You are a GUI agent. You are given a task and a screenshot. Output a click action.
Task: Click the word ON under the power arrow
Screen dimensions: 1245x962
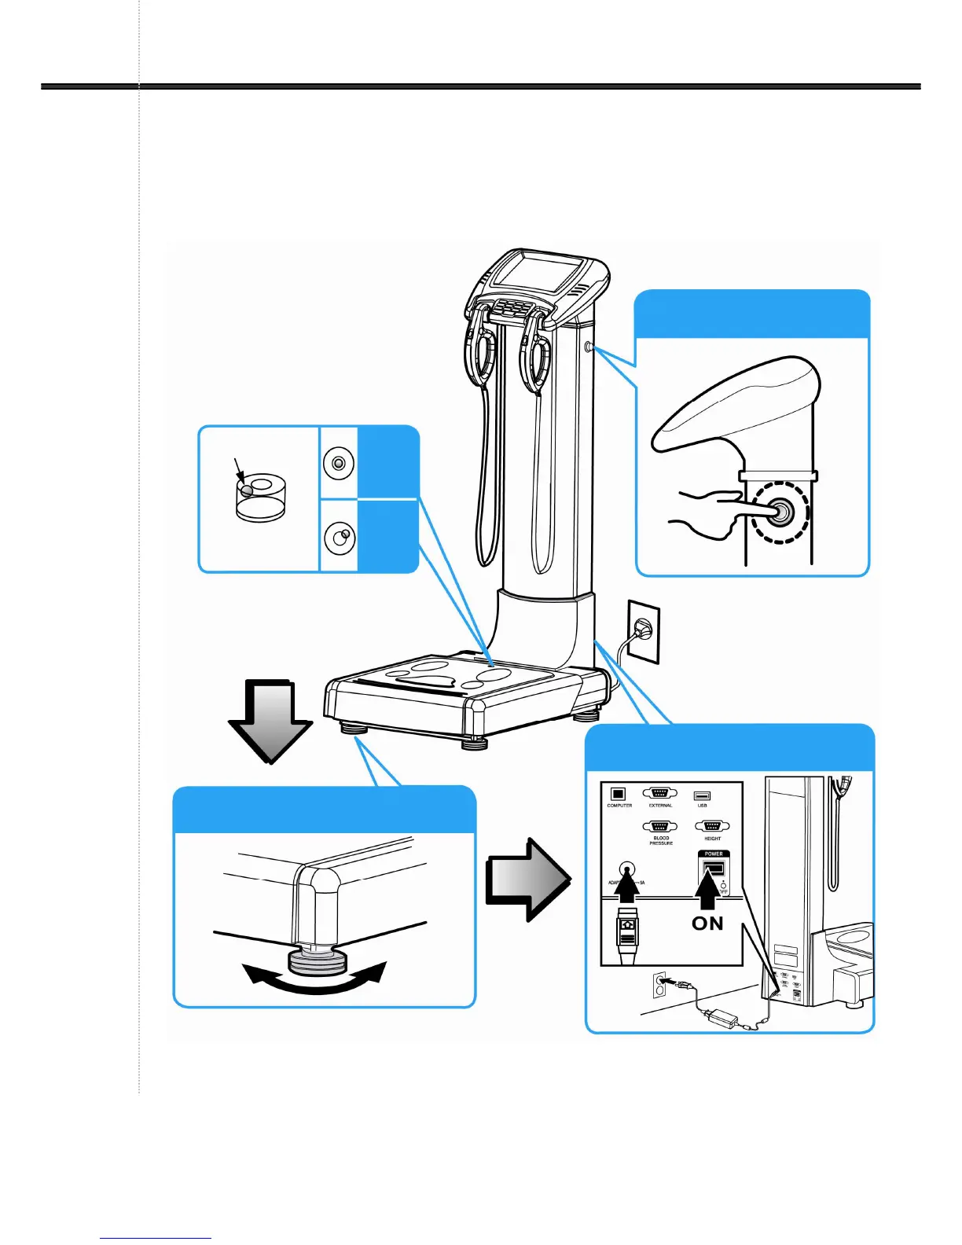click(x=707, y=924)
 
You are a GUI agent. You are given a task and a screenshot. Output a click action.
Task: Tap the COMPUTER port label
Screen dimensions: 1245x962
click(x=619, y=806)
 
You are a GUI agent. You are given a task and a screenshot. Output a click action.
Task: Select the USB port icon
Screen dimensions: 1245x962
click(x=702, y=795)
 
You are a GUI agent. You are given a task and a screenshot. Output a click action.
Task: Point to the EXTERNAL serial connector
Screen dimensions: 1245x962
click(x=660, y=794)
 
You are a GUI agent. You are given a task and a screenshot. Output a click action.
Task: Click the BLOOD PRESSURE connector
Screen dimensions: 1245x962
click(x=660, y=826)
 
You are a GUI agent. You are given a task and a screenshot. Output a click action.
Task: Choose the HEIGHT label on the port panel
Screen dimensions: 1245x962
click(x=712, y=839)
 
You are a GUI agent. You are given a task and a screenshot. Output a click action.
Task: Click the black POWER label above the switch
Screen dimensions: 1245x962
click(x=713, y=854)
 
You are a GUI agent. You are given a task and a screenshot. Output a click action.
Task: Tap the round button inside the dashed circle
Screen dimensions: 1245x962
click(x=780, y=512)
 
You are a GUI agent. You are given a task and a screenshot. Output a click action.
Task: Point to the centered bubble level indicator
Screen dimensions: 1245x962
click(x=338, y=464)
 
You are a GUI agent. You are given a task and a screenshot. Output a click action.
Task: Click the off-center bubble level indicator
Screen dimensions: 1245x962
click(x=340, y=538)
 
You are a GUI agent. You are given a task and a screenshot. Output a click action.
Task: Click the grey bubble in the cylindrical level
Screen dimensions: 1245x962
click(x=247, y=490)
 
